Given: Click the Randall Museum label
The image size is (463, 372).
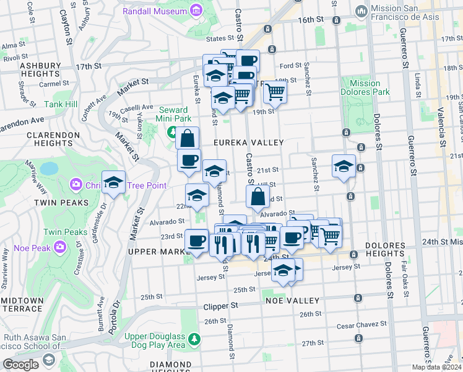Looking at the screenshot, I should [155, 11].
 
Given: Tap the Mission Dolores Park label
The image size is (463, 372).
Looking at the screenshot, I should [365, 87].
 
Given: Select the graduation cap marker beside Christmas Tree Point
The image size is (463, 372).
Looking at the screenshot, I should [114, 182].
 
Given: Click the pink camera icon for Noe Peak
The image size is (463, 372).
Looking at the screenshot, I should [59, 247].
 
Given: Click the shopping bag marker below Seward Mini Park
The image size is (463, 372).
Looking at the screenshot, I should [188, 138].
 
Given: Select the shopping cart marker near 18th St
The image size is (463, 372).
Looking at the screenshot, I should [275, 92].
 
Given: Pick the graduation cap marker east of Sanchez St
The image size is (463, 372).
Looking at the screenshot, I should [344, 166].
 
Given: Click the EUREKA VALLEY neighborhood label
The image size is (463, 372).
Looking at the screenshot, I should [248, 143].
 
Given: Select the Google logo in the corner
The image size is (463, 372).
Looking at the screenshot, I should [20, 365].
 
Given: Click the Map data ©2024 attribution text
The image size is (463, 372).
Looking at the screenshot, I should [436, 367].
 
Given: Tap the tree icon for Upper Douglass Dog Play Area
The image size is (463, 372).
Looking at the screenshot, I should [194, 339].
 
